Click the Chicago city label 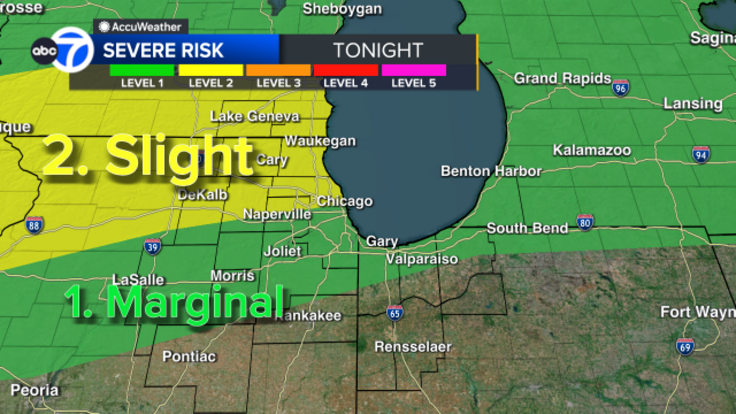pyautogui.click(x=345, y=201)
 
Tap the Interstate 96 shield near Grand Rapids pyautogui.click(x=621, y=87)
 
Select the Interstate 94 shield pyautogui.click(x=701, y=155)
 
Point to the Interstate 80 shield pyautogui.click(x=585, y=223)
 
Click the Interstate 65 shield pyautogui.click(x=395, y=313)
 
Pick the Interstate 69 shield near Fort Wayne pyautogui.click(x=685, y=346)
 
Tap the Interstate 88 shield pyautogui.click(x=34, y=225)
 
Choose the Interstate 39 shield pyautogui.click(x=152, y=247)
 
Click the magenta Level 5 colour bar pyautogui.click(x=414, y=70)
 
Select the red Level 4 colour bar pyautogui.click(x=346, y=70)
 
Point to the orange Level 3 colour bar pyautogui.click(x=278, y=70)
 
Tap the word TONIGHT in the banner pyautogui.click(x=378, y=50)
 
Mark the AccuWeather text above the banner pyautogui.click(x=146, y=27)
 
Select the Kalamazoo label pyautogui.click(x=592, y=150)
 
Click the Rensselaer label pyautogui.click(x=413, y=346)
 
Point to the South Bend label pyautogui.click(x=527, y=228)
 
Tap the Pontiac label pyautogui.click(x=189, y=356)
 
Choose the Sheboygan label pyautogui.click(x=342, y=9)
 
